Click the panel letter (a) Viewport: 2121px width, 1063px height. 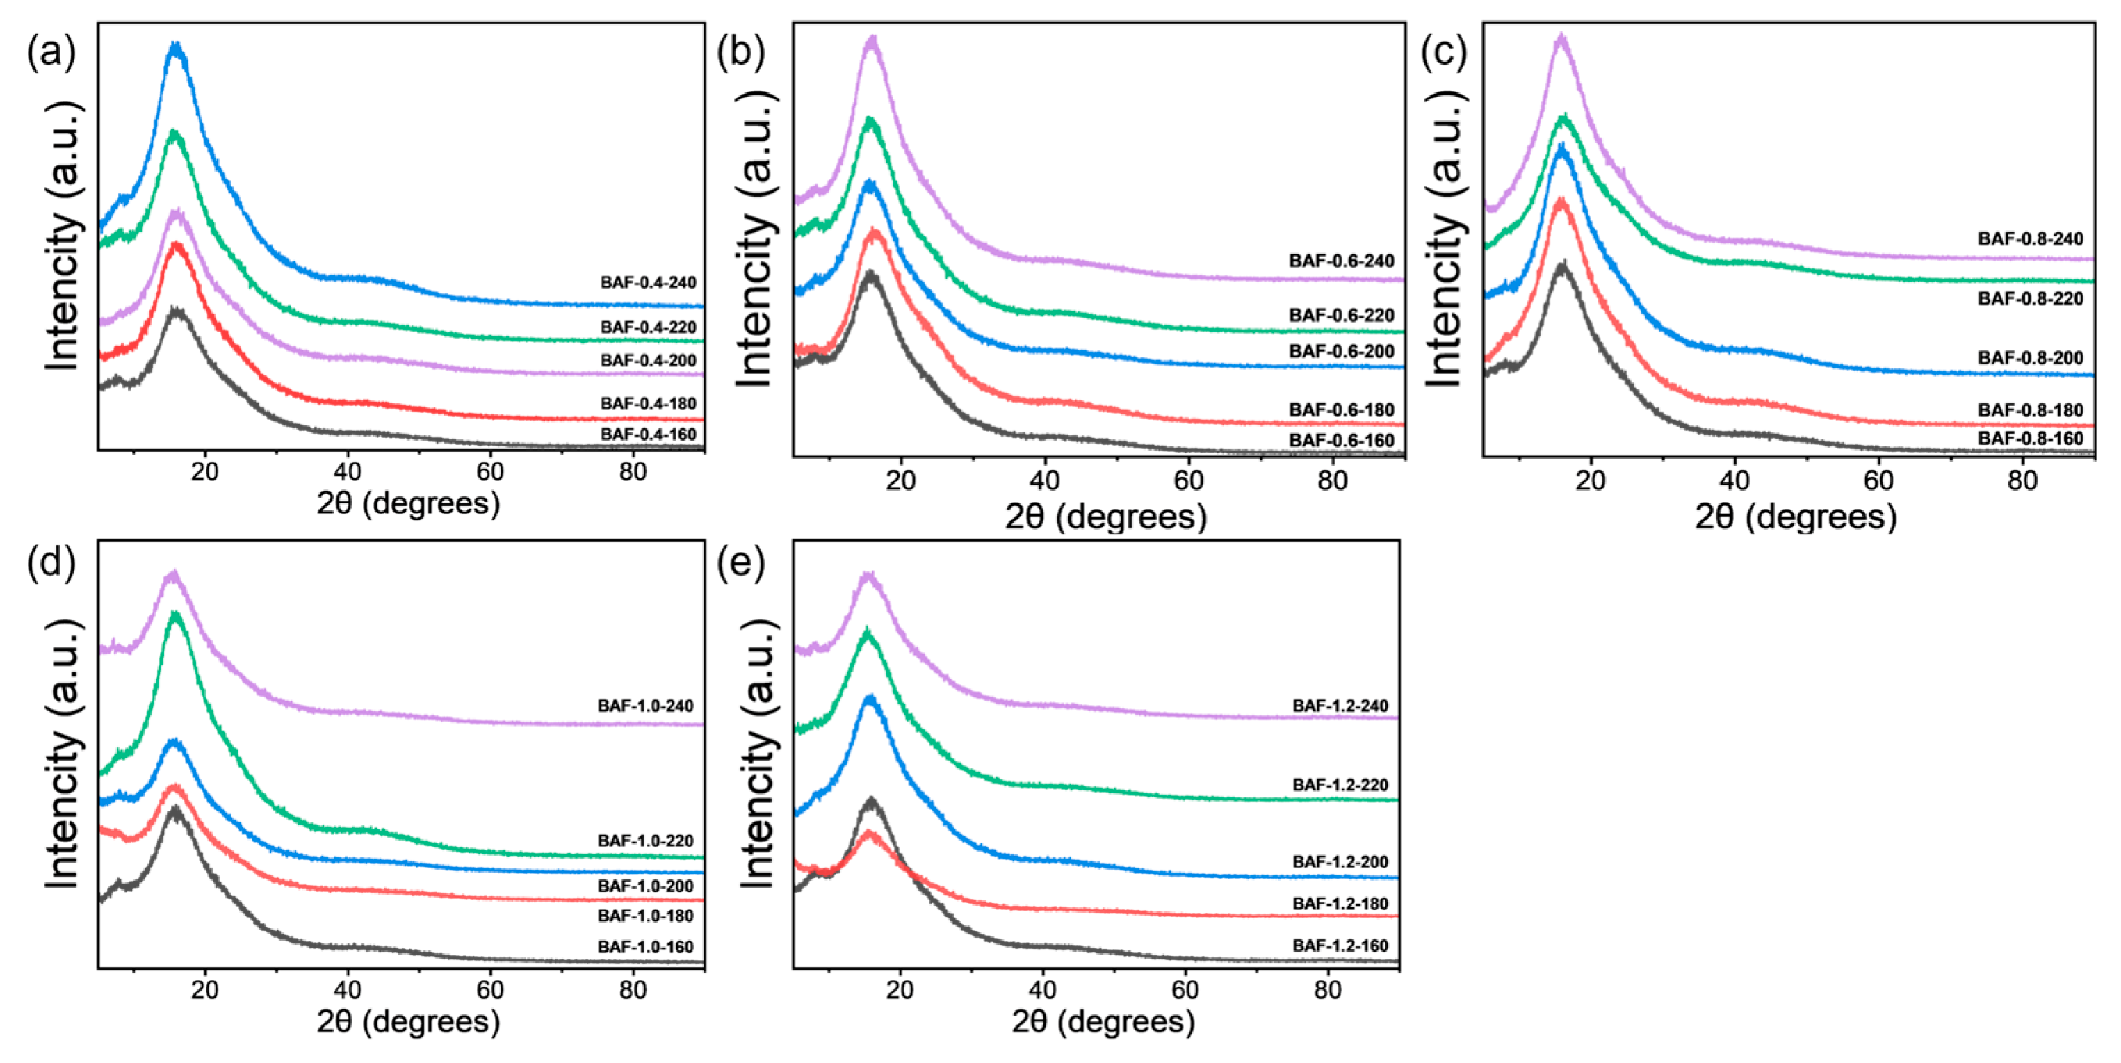point(51,54)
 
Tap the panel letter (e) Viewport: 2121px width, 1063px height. point(741,565)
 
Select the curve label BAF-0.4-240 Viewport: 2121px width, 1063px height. point(648,282)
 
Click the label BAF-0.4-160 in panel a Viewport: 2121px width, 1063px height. point(648,434)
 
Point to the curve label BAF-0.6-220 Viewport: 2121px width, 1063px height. point(1341,316)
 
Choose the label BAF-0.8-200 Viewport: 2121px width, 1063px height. point(2031,358)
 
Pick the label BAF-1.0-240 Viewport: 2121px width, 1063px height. point(646,706)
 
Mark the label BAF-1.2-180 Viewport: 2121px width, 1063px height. point(1340,903)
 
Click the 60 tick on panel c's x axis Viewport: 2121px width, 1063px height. point(1878,480)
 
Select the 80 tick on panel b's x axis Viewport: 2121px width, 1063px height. point(1331,480)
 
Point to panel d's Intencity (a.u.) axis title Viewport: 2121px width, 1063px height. point(63,754)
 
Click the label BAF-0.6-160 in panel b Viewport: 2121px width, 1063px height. point(1341,441)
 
